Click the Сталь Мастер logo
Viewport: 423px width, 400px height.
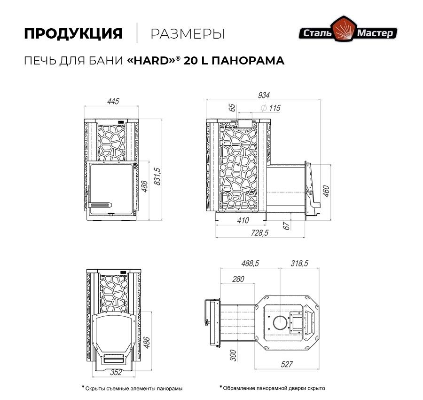349,32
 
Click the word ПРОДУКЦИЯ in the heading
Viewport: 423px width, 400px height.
73,34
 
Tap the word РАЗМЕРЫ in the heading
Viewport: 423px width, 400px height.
187,34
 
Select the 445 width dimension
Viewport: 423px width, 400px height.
112,101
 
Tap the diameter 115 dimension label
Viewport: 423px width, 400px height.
270,108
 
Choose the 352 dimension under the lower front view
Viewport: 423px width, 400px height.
116,373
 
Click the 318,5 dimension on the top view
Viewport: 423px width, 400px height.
299,264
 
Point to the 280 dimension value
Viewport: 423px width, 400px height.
238,279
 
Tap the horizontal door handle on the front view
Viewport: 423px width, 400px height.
100,205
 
